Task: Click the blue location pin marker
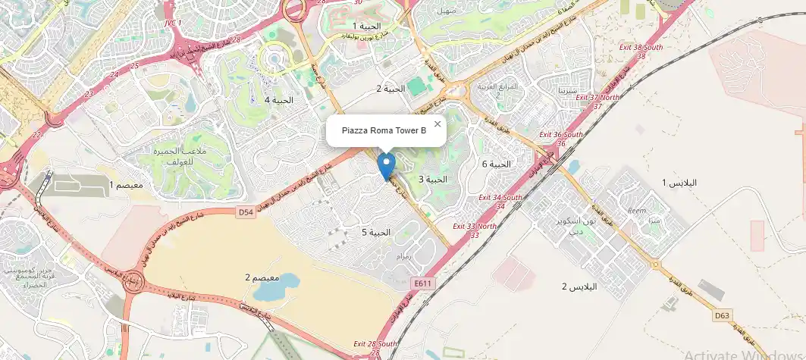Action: (387, 166)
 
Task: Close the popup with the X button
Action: (437, 124)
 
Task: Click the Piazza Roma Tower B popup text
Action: (384, 131)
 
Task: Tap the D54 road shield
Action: (245, 213)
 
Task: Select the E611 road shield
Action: (423, 283)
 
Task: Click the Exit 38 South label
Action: (641, 50)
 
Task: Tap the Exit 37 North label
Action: (597, 102)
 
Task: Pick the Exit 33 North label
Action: (475, 230)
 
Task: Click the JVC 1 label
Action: (173, 24)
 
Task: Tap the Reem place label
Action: (635, 211)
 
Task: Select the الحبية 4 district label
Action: (278, 100)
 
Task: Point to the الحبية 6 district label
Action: (497, 164)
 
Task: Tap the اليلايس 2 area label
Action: (579, 286)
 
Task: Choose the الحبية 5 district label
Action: (375, 232)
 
